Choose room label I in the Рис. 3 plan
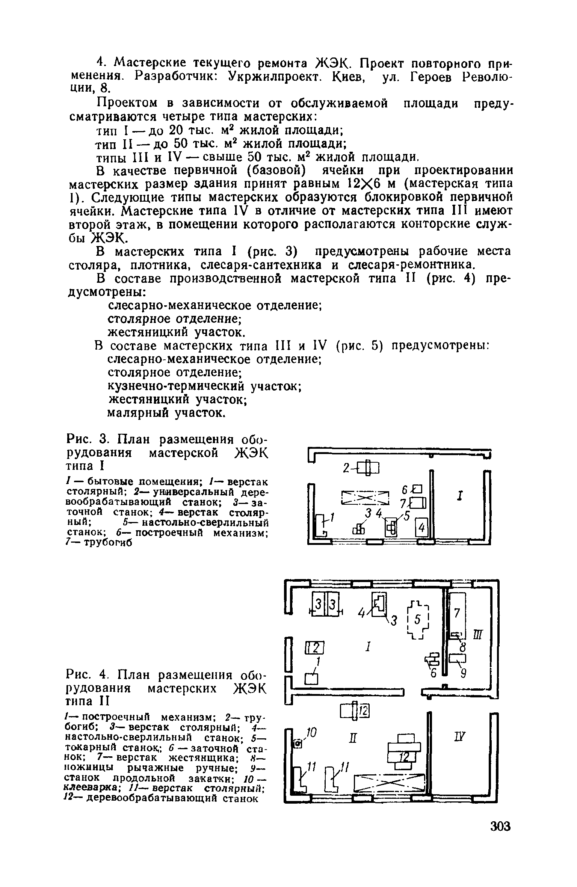(459, 496)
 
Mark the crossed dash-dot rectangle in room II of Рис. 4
(391, 782)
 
